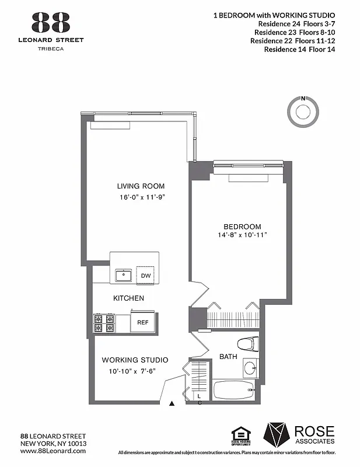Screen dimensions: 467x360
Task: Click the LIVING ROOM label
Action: tap(140, 186)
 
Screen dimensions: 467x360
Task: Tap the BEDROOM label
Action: tap(242, 226)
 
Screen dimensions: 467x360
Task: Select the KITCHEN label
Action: tap(128, 298)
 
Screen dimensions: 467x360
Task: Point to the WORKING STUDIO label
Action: tap(135, 360)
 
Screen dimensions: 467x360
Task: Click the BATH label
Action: tap(228, 356)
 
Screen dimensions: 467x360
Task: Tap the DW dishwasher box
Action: tap(145, 276)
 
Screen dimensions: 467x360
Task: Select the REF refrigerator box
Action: tap(143, 322)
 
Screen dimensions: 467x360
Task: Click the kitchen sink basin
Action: tap(123, 275)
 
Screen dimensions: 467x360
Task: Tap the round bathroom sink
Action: tap(250, 368)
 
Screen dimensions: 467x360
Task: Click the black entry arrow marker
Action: tap(172, 403)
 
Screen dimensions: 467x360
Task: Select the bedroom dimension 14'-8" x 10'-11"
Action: tap(242, 235)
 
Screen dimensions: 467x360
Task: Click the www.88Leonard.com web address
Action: tap(53, 452)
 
